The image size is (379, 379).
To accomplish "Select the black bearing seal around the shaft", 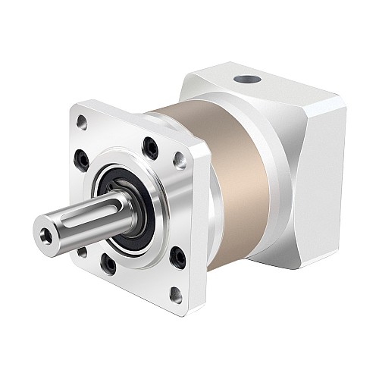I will coord(128,223).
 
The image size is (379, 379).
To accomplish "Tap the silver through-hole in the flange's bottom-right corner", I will coord(176,295).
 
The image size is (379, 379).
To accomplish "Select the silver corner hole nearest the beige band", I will coord(180,159).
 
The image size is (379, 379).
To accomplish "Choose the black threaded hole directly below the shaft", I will coord(108,265).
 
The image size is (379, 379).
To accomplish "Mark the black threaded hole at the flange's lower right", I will coord(178,258).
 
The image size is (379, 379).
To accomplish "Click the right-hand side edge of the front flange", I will coord(202,227).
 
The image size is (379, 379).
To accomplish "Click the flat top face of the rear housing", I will coord(273,83).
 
